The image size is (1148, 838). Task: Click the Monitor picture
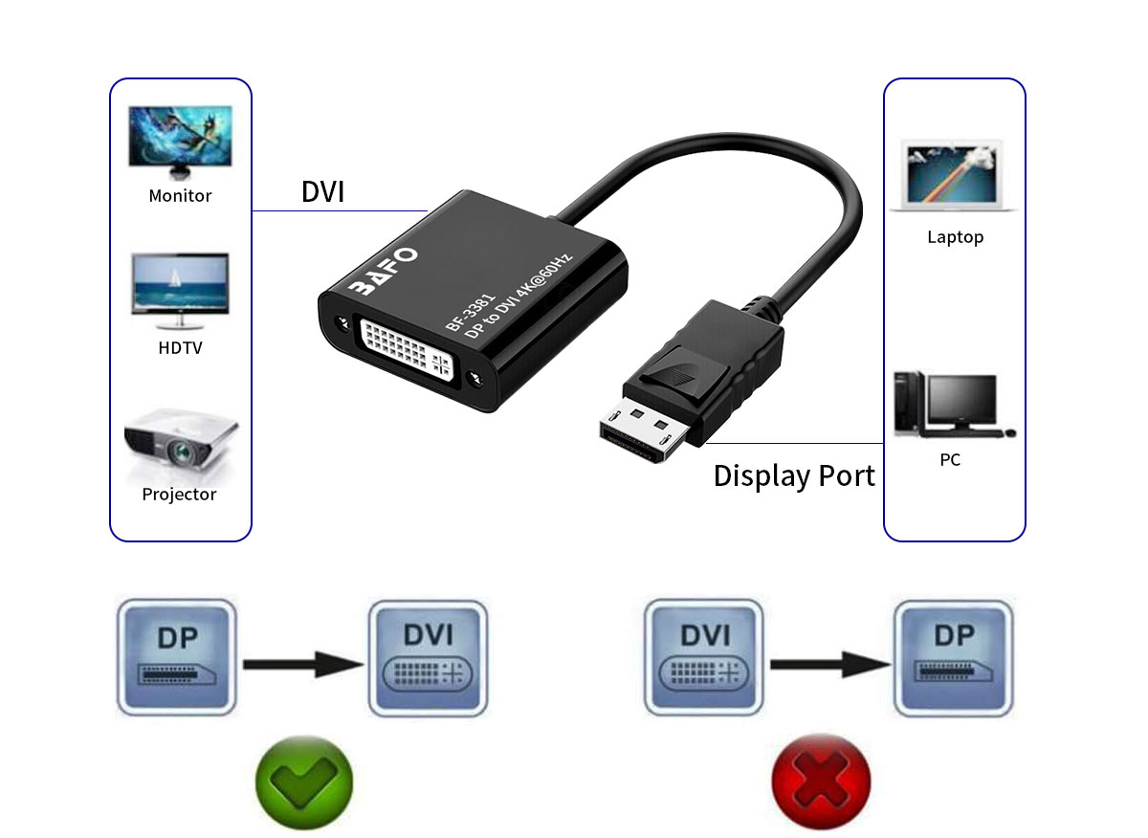[180, 141]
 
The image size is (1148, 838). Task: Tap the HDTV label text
[180, 348]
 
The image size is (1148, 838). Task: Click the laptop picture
[954, 175]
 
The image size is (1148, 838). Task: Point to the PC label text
[950, 460]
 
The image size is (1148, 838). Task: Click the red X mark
[821, 780]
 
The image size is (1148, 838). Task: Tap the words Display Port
[794, 475]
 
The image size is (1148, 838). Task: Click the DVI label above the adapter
[322, 192]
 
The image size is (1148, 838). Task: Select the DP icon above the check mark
[176, 657]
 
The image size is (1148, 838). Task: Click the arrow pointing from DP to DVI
[302, 663]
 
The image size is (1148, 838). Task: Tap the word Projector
[180, 495]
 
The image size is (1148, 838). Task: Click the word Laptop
[955, 237]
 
